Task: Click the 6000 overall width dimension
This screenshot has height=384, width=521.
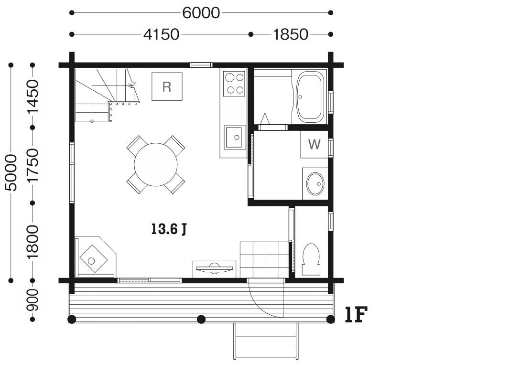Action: [x=201, y=13]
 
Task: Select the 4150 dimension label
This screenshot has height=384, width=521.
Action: [x=162, y=34]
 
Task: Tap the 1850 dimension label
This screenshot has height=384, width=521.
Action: [x=291, y=34]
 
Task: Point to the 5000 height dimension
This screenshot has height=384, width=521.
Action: [x=11, y=172]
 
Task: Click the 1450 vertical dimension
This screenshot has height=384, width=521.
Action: [x=33, y=96]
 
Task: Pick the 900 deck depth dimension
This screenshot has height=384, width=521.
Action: [x=33, y=300]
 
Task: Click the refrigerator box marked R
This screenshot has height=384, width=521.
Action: [x=167, y=86]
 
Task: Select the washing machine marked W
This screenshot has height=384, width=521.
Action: [x=315, y=144]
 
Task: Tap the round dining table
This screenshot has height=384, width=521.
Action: [x=155, y=164]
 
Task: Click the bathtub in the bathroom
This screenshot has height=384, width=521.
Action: [x=310, y=96]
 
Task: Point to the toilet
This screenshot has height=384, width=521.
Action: [x=311, y=259]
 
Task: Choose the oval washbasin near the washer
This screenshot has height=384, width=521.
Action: [x=315, y=183]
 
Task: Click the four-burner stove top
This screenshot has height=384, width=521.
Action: [x=234, y=84]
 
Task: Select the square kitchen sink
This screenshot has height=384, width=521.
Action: [x=235, y=137]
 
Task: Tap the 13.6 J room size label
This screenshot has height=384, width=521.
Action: [x=169, y=229]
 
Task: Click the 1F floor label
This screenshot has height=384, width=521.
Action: [x=356, y=314]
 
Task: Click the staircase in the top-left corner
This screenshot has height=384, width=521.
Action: [x=106, y=95]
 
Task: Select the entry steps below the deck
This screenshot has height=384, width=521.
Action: [x=266, y=341]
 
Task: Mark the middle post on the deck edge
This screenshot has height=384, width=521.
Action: [x=201, y=319]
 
